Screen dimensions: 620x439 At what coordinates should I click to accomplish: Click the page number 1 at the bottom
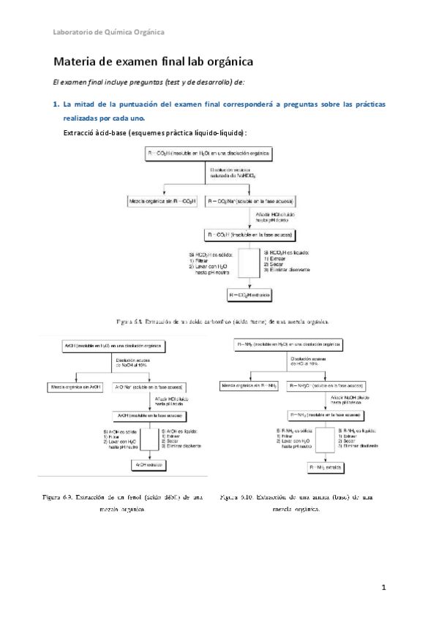(383, 587)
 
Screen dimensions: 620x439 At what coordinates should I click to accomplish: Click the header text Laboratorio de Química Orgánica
(109, 31)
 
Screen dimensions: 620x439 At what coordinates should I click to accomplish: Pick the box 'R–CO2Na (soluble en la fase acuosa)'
(249, 200)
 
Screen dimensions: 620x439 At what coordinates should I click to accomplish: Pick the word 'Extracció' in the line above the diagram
(80, 132)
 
